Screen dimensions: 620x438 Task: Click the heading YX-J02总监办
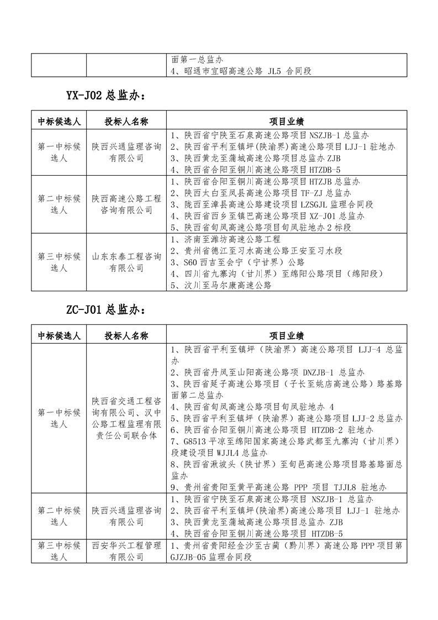point(105,95)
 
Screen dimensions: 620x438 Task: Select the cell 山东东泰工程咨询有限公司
point(126,262)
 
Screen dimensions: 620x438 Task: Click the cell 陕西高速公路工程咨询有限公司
point(126,204)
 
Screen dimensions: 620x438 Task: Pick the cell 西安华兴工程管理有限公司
point(126,551)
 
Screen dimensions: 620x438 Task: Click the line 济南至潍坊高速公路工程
point(226,239)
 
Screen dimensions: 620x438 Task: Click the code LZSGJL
point(315,204)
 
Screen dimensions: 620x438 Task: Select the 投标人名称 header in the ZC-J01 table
point(126,335)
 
